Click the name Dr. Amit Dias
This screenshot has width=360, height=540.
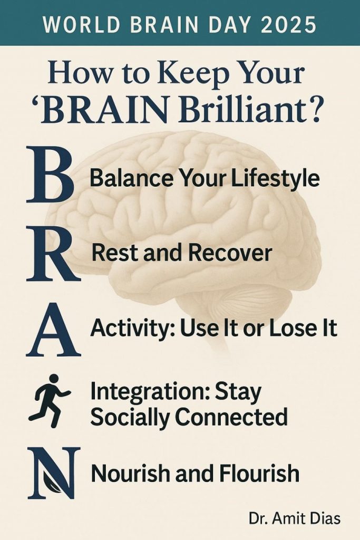(295, 518)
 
